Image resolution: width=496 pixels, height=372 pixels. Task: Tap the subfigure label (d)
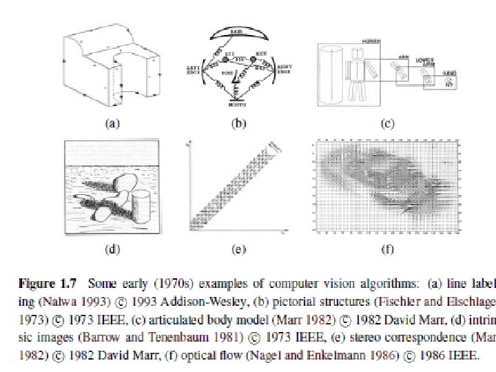click(x=111, y=249)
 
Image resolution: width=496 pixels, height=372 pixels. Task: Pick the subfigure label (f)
click(x=387, y=249)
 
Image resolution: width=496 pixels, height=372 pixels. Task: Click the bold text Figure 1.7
click(x=45, y=283)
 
